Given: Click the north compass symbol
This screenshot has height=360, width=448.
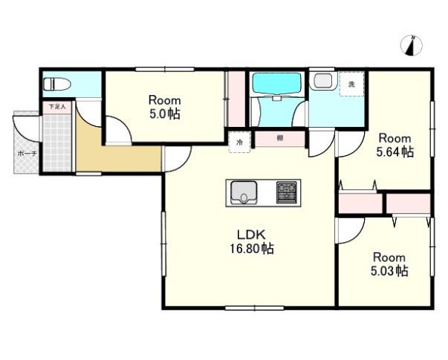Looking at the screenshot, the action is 412,46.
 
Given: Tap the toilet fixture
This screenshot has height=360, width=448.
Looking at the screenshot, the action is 57,84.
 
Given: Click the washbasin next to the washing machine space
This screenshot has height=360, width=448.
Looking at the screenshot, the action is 323,80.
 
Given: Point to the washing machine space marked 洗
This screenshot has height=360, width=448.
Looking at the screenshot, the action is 351,84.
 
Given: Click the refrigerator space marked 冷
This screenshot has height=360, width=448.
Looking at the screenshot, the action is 240,142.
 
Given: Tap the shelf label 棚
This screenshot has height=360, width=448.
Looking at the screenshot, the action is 279,139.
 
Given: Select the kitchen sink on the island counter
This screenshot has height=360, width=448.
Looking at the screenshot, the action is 244,193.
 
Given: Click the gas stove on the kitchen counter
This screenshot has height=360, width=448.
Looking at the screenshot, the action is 287,193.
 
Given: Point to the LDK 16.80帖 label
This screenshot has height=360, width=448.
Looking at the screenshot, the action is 252,241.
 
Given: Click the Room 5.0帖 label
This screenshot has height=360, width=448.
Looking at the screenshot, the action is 164,108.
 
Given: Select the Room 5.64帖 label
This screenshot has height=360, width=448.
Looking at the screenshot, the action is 395,145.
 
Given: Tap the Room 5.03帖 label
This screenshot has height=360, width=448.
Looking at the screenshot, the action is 389,264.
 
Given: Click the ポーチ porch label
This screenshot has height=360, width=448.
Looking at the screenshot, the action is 27,154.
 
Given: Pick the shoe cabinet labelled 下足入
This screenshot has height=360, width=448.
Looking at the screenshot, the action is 57,107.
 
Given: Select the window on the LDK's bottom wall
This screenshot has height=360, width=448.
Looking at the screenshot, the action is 254,308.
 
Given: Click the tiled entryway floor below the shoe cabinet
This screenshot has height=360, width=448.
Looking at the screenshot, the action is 57,143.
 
